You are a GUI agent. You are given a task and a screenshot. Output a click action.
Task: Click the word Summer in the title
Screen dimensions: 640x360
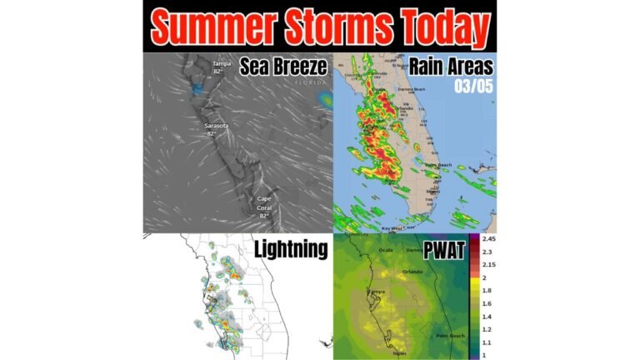(x=210, y=28)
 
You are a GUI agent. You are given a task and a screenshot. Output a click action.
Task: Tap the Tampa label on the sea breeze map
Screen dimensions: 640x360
(x=221, y=64)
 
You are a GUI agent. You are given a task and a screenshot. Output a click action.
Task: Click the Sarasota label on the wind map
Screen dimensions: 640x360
(x=217, y=126)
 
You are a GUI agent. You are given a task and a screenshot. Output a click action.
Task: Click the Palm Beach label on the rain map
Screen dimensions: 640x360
(x=438, y=165)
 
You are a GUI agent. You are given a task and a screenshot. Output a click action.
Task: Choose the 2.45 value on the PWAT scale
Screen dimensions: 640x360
(x=487, y=239)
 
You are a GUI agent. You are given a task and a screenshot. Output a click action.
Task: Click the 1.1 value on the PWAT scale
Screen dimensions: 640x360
(x=485, y=342)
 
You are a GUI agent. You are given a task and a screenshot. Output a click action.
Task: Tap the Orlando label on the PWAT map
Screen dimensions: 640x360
(x=412, y=271)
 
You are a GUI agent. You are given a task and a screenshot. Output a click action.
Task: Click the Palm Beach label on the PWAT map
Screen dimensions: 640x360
(x=451, y=335)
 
